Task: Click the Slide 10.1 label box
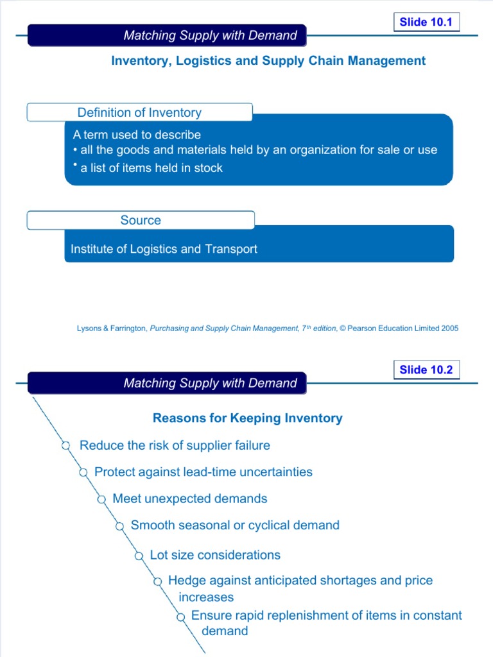coord(426,22)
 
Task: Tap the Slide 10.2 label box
coord(426,370)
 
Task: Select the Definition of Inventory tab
coord(139,112)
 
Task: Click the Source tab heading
coord(141,220)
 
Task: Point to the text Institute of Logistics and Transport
coord(164,249)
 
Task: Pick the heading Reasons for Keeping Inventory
coord(247,418)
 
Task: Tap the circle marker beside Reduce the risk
coord(66,445)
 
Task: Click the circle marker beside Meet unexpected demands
coord(101,499)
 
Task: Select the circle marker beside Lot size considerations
coord(139,556)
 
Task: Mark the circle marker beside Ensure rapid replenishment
coord(180,617)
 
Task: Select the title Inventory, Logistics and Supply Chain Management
coord(268,61)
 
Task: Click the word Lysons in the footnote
coord(89,328)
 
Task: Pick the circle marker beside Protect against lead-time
coord(83,473)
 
